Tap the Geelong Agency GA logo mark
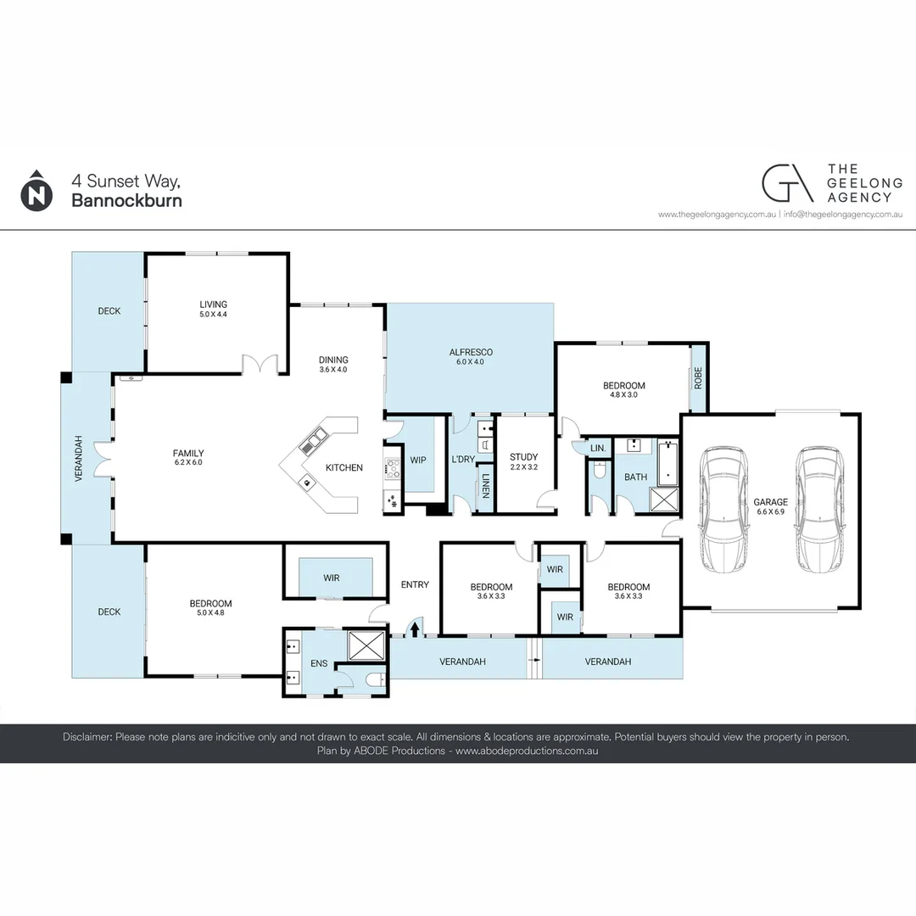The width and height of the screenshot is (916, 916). (x=786, y=183)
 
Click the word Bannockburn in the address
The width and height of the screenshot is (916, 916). (x=126, y=201)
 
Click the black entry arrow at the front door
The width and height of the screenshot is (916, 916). (x=415, y=628)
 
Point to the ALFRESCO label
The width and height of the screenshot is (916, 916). (x=471, y=352)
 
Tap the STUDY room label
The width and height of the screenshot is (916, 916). (x=523, y=457)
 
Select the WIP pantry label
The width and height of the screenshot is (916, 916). (x=418, y=460)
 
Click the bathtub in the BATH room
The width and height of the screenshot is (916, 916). (x=668, y=461)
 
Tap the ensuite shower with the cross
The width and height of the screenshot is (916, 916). (x=366, y=646)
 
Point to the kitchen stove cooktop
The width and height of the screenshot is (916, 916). (x=393, y=468)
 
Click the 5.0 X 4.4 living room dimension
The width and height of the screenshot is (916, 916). (x=213, y=315)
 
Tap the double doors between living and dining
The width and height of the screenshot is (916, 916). (x=261, y=365)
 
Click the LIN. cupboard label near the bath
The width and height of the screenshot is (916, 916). (x=597, y=448)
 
